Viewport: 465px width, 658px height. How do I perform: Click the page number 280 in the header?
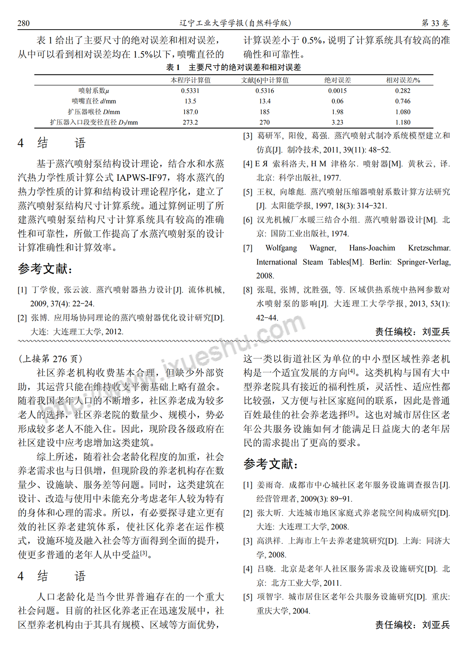point(24,23)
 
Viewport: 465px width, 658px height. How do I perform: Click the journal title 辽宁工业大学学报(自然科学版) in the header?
point(235,23)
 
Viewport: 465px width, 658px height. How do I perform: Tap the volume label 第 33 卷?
point(435,23)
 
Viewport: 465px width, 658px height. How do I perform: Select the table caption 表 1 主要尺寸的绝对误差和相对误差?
point(233,68)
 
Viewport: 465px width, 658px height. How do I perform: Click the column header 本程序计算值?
point(190,80)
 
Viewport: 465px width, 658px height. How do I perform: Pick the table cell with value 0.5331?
point(190,91)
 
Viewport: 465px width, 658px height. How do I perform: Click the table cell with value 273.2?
point(190,123)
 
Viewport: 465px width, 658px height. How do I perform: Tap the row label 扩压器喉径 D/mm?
point(94,112)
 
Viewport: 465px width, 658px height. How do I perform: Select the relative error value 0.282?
point(402,91)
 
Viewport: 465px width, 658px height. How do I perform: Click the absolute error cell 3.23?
point(337,123)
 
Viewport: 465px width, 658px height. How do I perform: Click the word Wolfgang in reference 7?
point(281,248)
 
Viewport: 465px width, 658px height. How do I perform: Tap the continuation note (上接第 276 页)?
point(50,359)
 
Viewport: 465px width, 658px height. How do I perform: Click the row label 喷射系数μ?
point(94,91)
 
